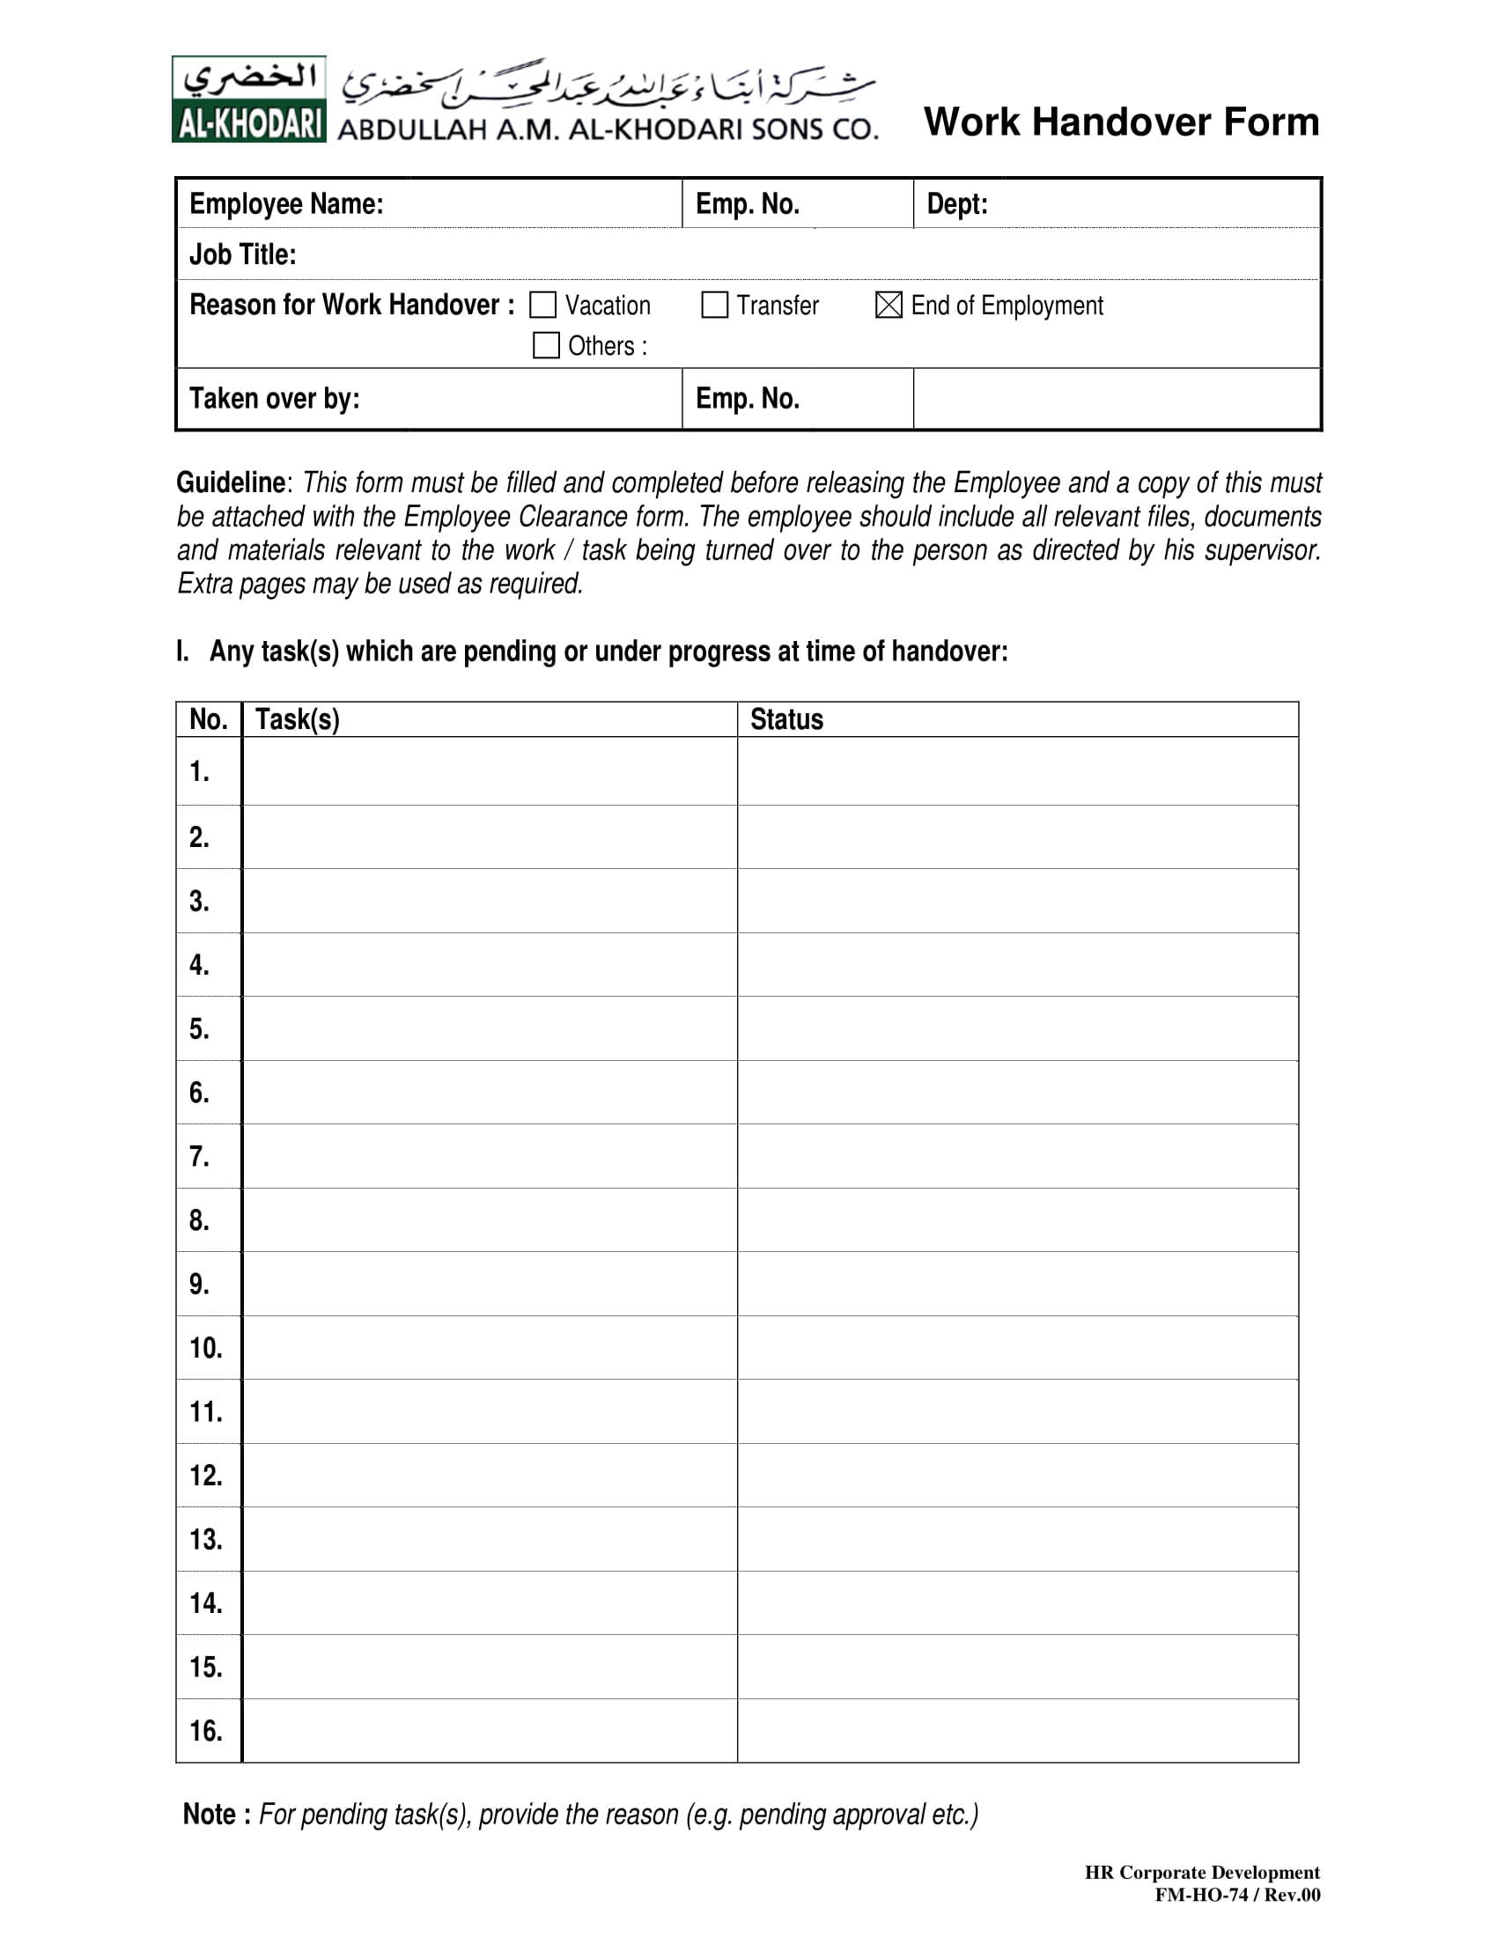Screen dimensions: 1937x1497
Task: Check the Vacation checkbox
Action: pos(542,306)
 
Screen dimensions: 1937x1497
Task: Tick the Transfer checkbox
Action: pos(714,306)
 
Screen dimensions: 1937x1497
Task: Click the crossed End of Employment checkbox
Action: pos(888,306)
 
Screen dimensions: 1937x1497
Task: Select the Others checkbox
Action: pos(545,345)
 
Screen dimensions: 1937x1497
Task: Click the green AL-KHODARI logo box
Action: pos(249,99)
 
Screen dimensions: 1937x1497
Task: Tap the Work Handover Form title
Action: pos(1121,122)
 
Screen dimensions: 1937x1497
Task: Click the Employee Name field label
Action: pos(285,204)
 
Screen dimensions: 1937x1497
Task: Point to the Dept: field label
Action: pos(956,204)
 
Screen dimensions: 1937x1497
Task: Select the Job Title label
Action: pos(242,254)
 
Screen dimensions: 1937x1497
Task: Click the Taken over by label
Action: pos(274,398)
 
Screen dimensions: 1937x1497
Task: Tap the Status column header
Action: pos(785,719)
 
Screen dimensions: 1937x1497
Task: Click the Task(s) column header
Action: pos(297,719)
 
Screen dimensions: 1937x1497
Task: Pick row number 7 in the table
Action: pos(200,1157)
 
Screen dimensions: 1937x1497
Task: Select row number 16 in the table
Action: pos(206,1730)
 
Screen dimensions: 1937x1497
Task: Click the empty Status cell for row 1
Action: pos(1017,770)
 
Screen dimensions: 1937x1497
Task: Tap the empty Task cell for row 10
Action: pos(489,1348)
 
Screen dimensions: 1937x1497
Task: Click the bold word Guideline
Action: pos(231,482)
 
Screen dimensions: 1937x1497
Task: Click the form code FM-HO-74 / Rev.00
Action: pos(1236,1896)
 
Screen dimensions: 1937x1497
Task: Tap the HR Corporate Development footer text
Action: pos(1202,1872)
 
